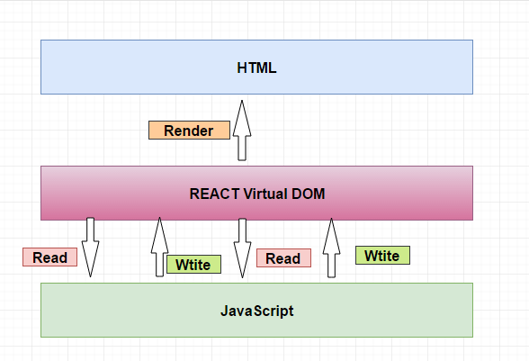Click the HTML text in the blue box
point(256,68)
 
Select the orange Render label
point(188,131)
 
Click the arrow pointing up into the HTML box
point(241,131)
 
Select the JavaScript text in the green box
point(256,311)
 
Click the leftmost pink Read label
point(49,257)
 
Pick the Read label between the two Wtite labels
point(283,258)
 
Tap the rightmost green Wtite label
point(382,255)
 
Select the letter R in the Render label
point(169,131)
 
